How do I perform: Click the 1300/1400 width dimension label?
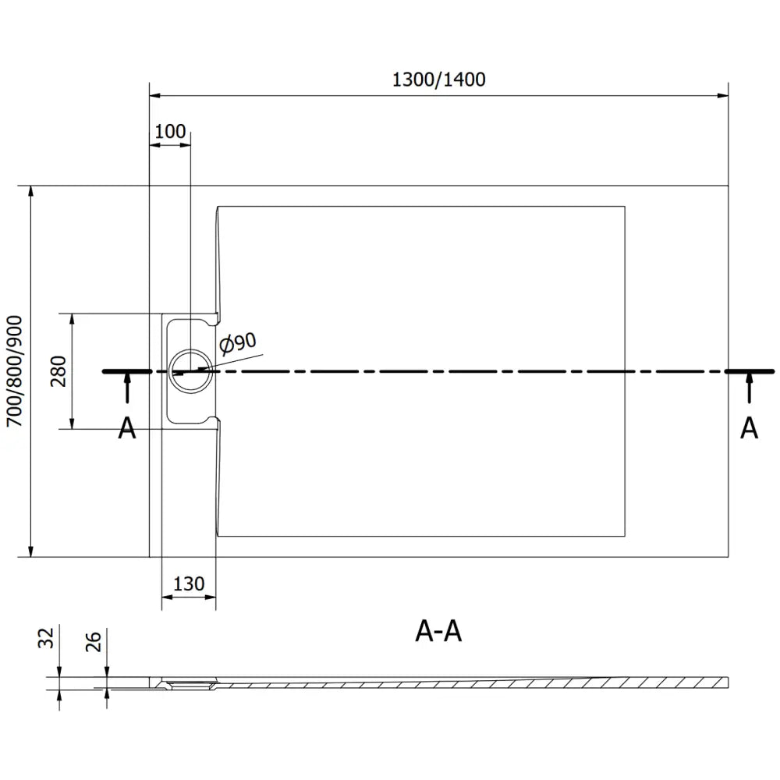click(438, 80)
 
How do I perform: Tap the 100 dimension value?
click(170, 131)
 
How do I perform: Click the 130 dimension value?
click(189, 583)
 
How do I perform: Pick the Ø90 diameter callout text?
click(238, 342)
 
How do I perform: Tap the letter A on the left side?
click(126, 427)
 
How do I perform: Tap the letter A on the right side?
click(749, 427)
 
